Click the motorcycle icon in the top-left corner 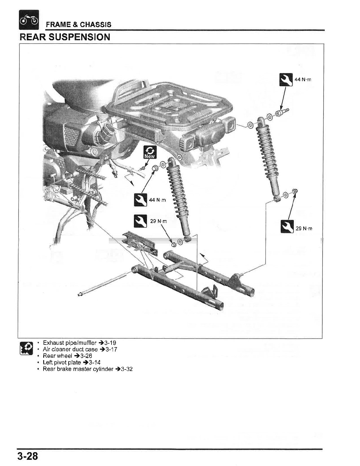(x=29, y=20)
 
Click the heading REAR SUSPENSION (x=65, y=37)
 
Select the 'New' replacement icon (x=150, y=152)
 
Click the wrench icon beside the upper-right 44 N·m (x=286, y=79)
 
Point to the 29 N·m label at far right (x=304, y=229)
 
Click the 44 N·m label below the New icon (x=157, y=200)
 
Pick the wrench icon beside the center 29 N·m (x=140, y=221)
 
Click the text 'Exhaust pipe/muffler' (x=70, y=343)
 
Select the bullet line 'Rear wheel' (x=57, y=356)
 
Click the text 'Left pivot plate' (x=62, y=362)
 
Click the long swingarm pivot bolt (x=103, y=284)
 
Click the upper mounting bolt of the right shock (x=281, y=112)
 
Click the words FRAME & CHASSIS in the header (x=79, y=24)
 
